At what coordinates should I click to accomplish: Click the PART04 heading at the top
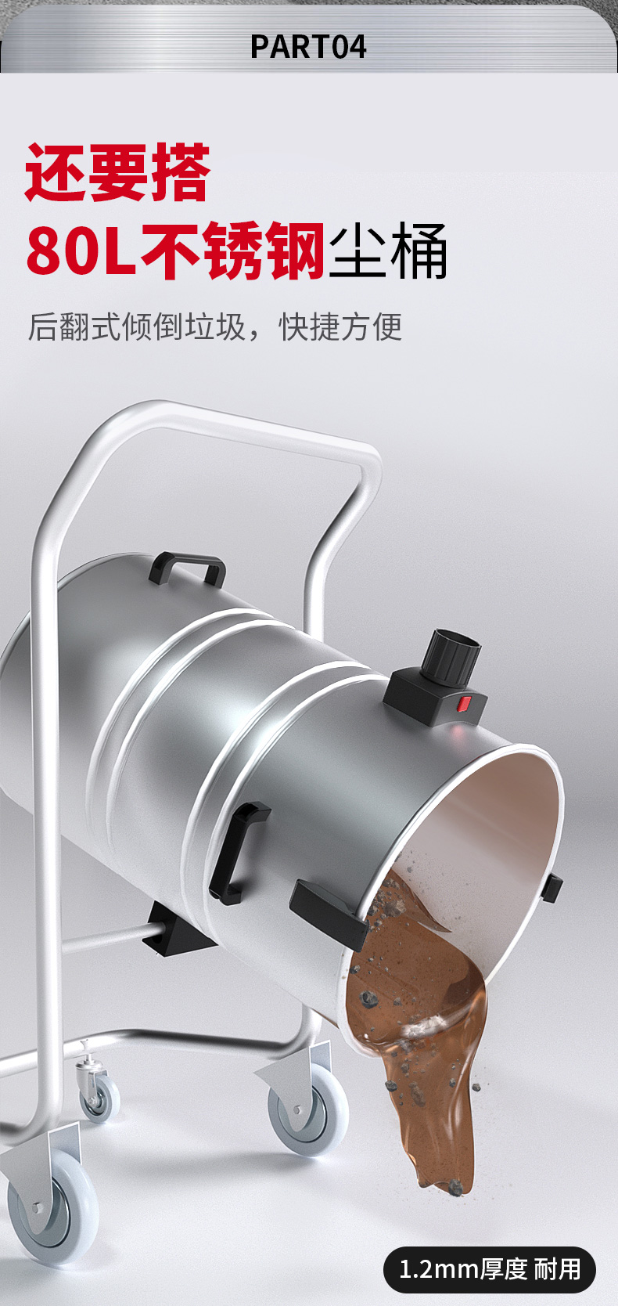[x=308, y=47]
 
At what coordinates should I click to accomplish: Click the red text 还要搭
[x=117, y=172]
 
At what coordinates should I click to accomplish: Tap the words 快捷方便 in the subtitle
[x=341, y=326]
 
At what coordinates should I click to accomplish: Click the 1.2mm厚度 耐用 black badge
[x=489, y=1269]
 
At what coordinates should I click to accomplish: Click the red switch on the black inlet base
[x=463, y=705]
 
